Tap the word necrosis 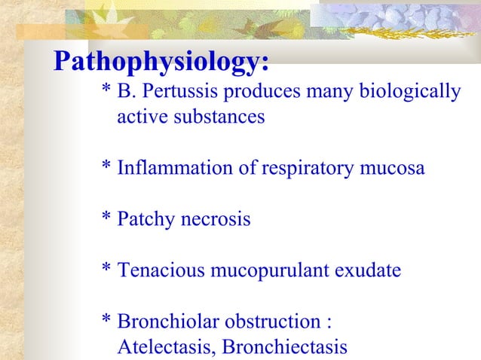coord(215,220)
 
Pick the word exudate coord(369,270)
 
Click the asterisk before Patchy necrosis coord(107,218)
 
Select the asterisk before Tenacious coord(107,269)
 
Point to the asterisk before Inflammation coord(107,167)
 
